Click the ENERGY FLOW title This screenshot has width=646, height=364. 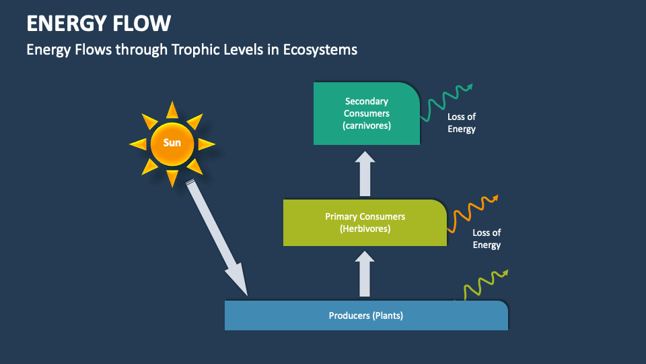98,24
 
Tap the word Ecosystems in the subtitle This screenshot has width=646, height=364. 322,50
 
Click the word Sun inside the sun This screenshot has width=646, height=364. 172,143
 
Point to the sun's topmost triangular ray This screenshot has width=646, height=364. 172,110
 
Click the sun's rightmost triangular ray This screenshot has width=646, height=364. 206,144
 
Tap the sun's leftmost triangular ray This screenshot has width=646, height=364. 138,144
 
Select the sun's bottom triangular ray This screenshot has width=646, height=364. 172,177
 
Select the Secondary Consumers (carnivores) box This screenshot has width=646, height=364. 366,113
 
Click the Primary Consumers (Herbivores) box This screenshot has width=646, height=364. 365,222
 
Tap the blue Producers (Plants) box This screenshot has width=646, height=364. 366,315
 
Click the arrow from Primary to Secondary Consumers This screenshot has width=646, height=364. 365,174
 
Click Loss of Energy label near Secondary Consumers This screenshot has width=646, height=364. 462,123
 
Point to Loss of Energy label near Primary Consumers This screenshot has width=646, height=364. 487,239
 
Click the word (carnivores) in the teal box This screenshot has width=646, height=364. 366,125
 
